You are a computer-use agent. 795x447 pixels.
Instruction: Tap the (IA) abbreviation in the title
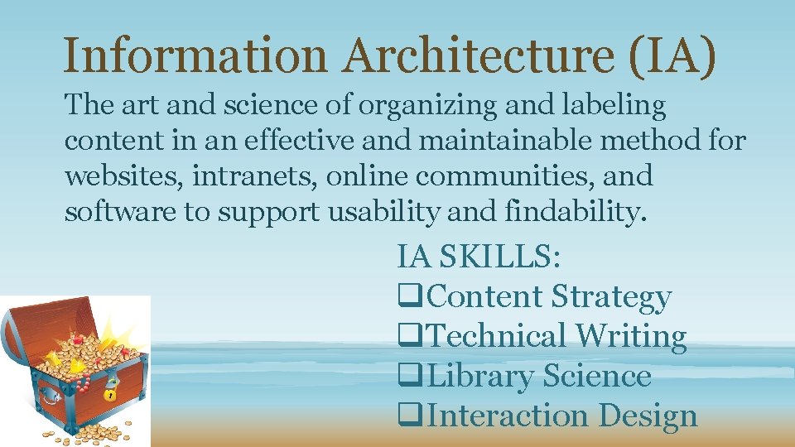[671, 55]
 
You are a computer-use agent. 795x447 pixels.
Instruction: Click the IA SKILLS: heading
[479, 256]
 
